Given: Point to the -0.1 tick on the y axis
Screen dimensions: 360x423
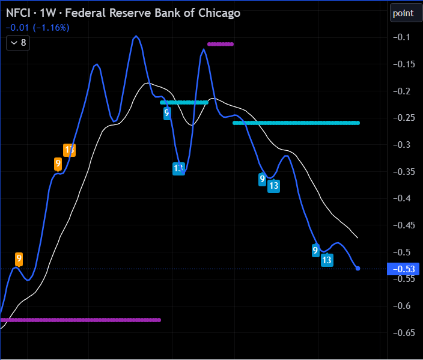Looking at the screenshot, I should point(401,37).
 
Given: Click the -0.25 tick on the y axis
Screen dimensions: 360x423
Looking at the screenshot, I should point(401,118).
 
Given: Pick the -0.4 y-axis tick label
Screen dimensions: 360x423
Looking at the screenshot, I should point(401,198).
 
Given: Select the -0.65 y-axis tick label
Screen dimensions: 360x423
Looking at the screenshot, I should point(401,332).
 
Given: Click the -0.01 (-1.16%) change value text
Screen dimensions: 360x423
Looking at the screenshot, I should point(37,28).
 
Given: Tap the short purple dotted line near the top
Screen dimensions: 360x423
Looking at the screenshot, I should point(220,44).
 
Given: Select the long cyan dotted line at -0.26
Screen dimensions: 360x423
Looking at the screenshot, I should point(296,123).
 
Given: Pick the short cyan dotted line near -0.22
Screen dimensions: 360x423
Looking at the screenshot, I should point(184,103).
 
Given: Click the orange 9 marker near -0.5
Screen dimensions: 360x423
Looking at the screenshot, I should point(19,259).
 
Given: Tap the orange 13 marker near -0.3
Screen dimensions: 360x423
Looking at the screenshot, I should point(70,150).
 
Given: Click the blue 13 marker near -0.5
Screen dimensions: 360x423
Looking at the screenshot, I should point(327,260).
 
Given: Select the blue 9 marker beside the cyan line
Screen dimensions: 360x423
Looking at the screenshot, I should point(167,113).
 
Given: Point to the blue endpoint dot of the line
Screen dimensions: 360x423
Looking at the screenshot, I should point(358,268).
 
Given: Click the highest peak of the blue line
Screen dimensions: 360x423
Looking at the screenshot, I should point(136,36).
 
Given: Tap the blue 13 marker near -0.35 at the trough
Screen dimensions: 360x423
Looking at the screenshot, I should point(178,169).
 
